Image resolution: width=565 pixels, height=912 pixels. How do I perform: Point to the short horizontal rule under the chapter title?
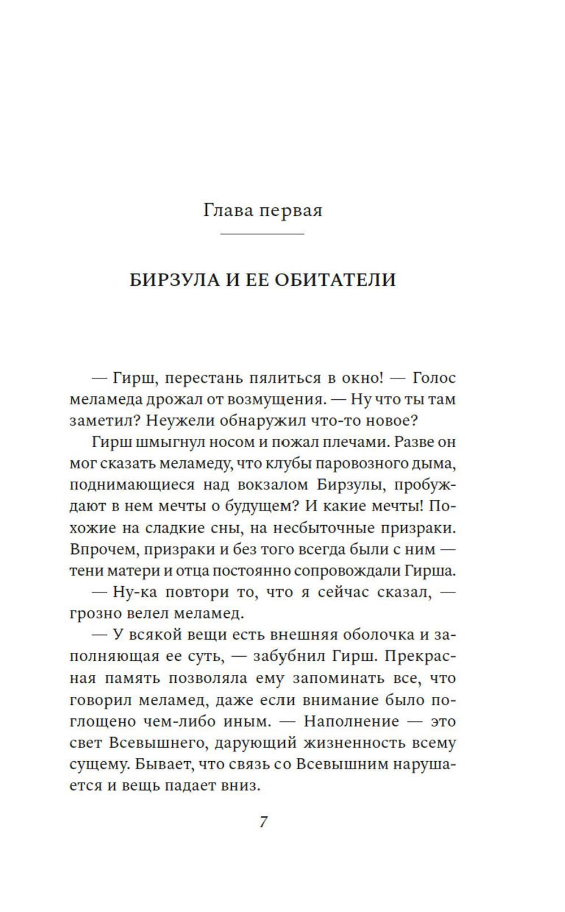click(262, 234)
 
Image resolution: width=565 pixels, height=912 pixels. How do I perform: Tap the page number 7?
click(263, 821)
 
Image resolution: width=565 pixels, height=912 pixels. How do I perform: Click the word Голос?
click(434, 378)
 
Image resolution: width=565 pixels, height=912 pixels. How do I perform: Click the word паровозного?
click(358, 464)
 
